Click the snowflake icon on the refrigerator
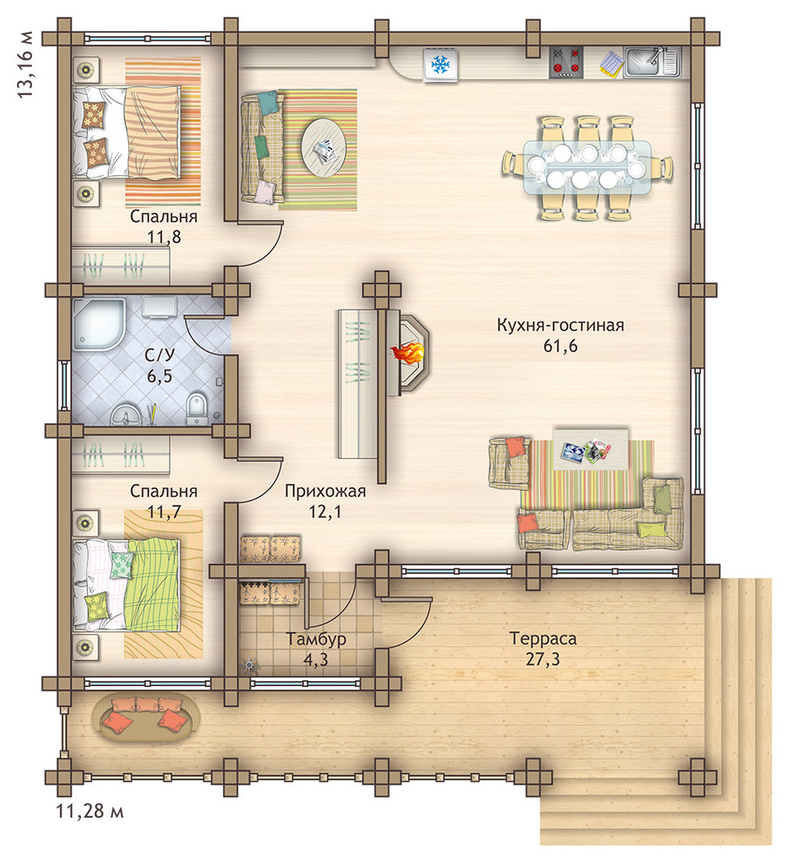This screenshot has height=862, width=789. pyautogui.click(x=440, y=65)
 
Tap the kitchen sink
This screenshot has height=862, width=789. pyautogui.click(x=651, y=62)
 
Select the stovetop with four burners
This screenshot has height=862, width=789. pyautogui.click(x=566, y=62)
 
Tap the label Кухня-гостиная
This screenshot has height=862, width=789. pyautogui.click(x=560, y=325)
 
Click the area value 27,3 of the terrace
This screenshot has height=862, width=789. pyautogui.click(x=543, y=659)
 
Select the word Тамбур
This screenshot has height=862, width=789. pyautogui.click(x=315, y=639)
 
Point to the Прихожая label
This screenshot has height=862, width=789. pyautogui.click(x=325, y=491)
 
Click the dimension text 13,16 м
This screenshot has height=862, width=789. pyautogui.click(x=25, y=65)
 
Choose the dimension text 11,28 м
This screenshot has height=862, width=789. pyautogui.click(x=90, y=811)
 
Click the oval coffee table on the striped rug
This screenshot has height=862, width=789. pyautogui.click(x=324, y=148)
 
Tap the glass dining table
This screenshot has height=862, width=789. pyautogui.click(x=587, y=166)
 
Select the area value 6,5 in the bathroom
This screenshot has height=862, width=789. pyautogui.click(x=158, y=376)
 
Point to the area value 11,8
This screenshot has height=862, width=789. pyautogui.click(x=164, y=237)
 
